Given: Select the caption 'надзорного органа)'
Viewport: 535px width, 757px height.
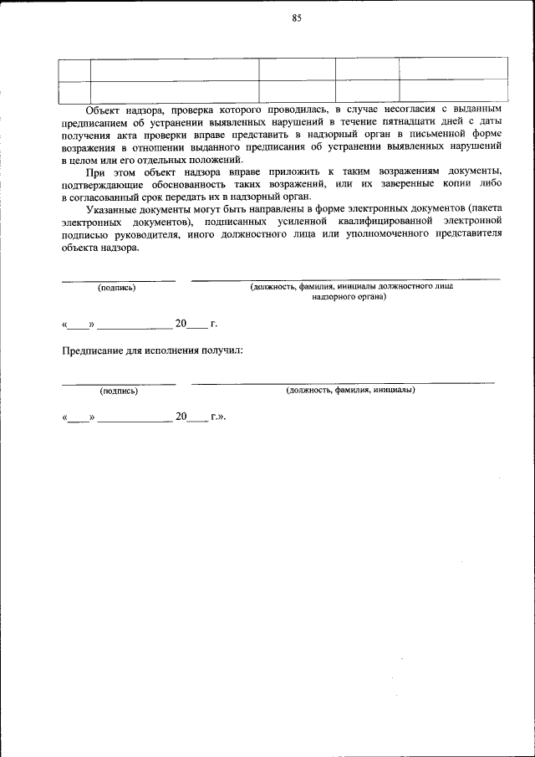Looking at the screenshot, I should click(350, 297).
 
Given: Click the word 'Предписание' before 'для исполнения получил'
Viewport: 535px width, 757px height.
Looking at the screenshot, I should click(94, 350).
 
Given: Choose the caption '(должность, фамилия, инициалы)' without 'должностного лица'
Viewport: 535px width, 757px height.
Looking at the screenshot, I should click(350, 390).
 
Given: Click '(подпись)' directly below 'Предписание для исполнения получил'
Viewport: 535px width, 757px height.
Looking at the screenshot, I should click(119, 391).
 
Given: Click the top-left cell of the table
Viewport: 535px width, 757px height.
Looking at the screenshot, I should click(75, 69).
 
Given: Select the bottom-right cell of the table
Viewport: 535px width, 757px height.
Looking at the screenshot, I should click(452, 90).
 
